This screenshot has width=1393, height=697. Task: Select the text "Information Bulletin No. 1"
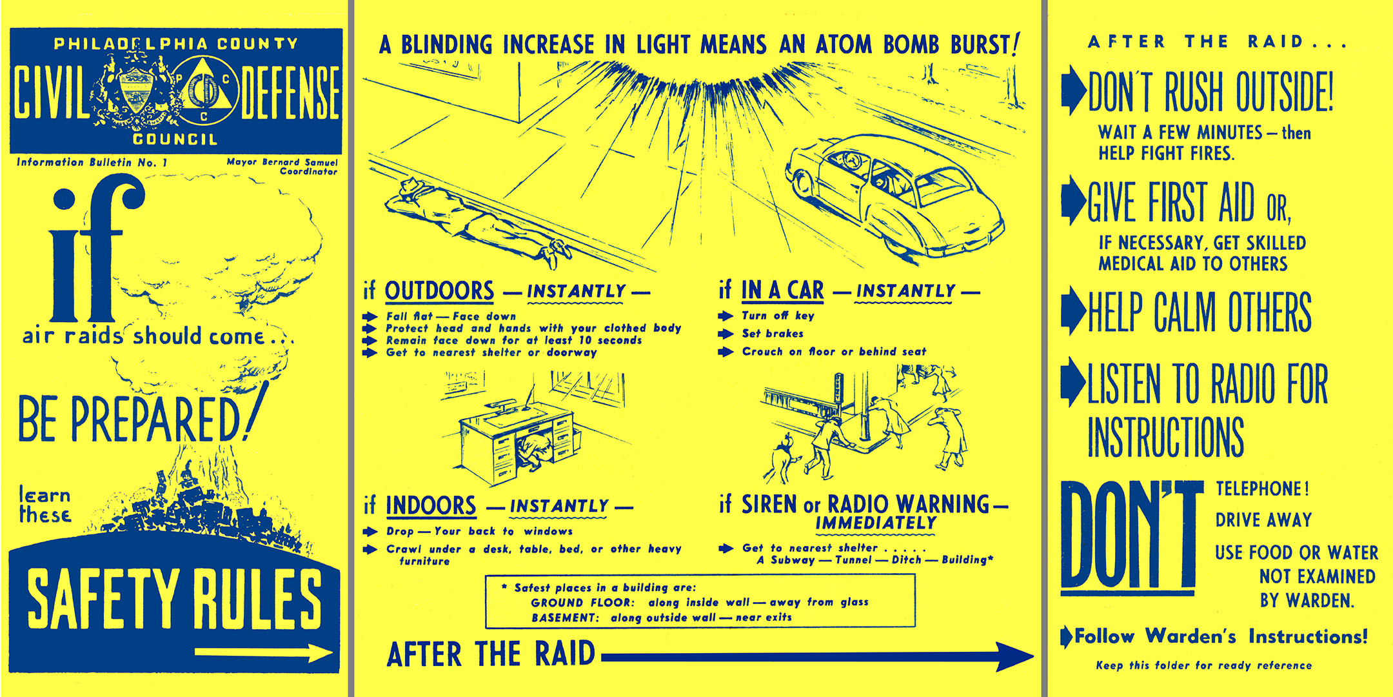pyautogui.click(x=92, y=163)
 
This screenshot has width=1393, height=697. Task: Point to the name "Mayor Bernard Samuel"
pyautogui.click(x=282, y=162)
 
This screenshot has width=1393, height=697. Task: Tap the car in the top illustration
pyautogui.click(x=893, y=194)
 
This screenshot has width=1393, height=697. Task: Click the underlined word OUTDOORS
pyautogui.click(x=439, y=291)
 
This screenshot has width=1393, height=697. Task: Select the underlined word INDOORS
pyautogui.click(x=431, y=505)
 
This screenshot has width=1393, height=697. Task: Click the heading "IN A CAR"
pyautogui.click(x=782, y=291)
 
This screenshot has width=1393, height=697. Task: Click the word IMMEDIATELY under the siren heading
pyautogui.click(x=875, y=523)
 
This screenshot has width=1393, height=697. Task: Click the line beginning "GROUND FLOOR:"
pyautogui.click(x=699, y=602)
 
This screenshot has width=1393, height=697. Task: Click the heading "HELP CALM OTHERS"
pyautogui.click(x=1200, y=312)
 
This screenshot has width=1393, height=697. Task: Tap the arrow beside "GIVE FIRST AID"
pyautogui.click(x=1072, y=201)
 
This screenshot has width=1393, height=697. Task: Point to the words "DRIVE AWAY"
pyautogui.click(x=1263, y=520)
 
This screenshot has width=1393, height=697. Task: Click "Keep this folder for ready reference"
pyautogui.click(x=1203, y=665)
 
